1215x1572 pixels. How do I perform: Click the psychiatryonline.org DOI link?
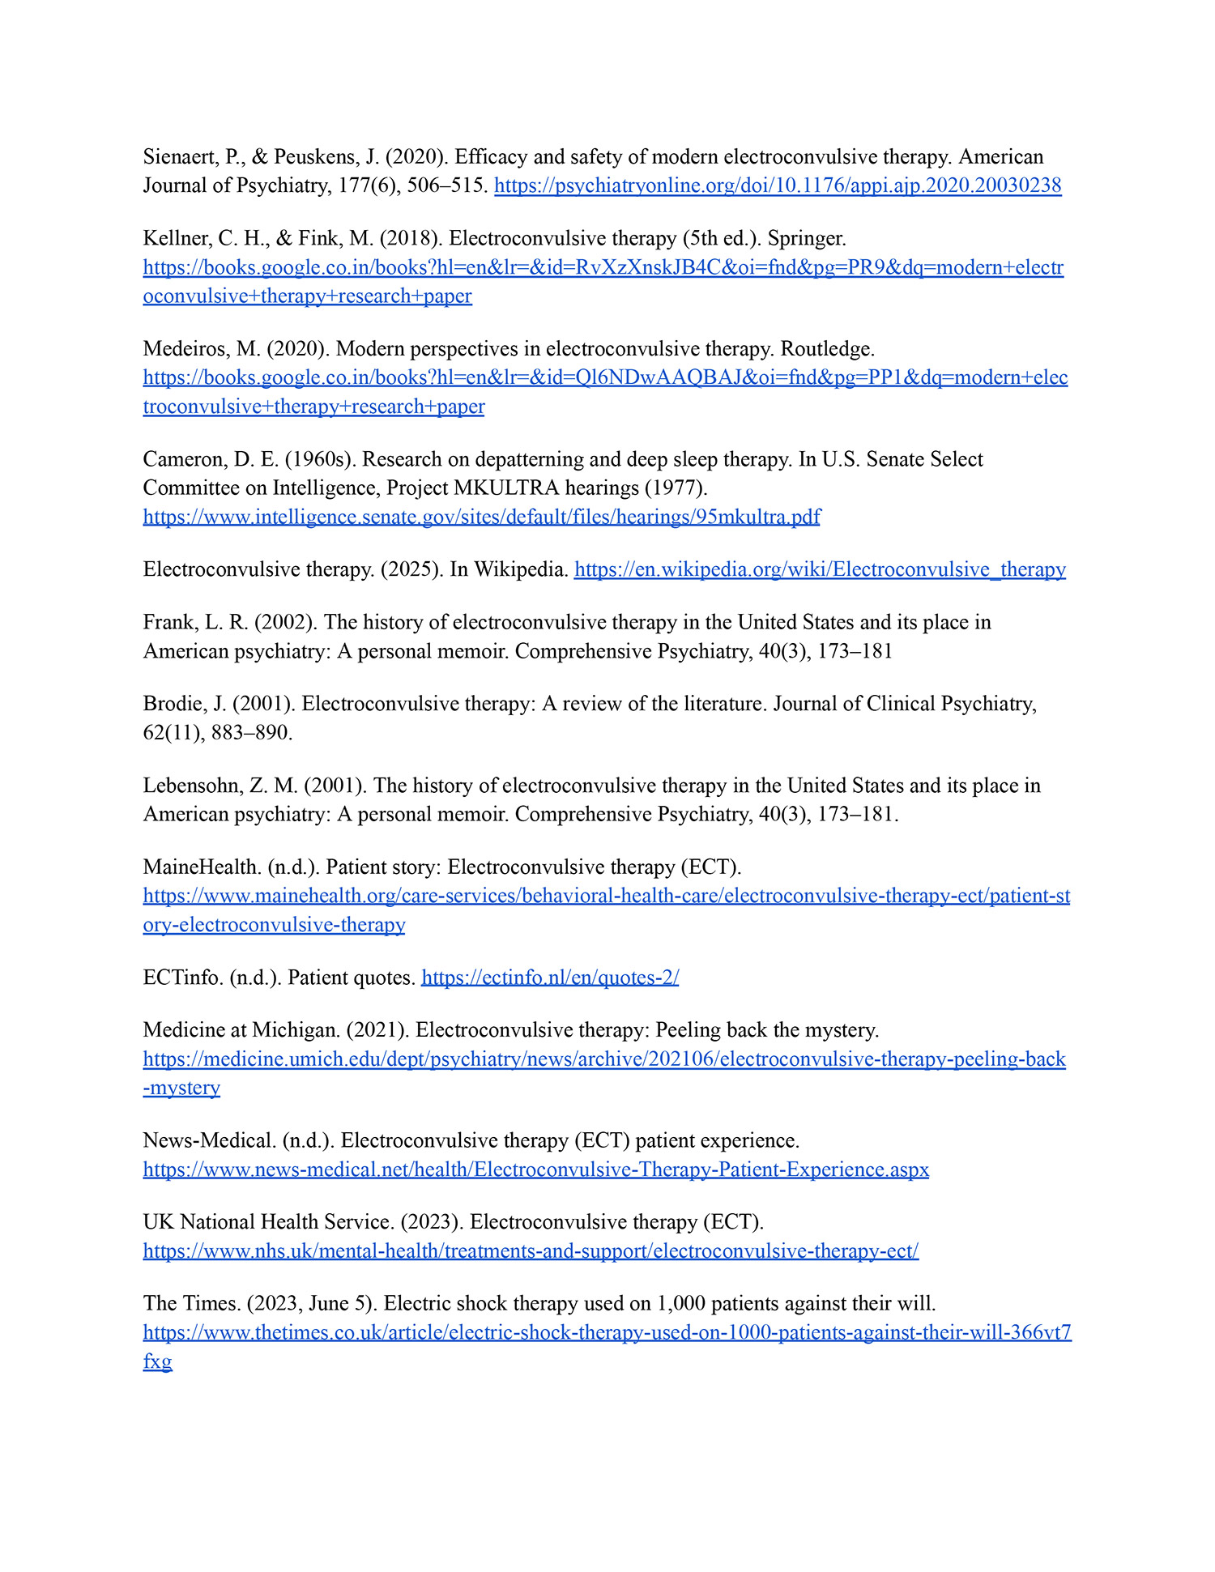[777, 185]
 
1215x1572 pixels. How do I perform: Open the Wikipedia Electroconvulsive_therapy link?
[819, 569]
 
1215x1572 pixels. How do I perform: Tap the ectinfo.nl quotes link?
[550, 978]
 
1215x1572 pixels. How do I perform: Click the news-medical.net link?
[535, 1169]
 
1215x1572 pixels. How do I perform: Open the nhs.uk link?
[531, 1251]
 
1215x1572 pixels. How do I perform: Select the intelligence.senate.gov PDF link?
[481, 517]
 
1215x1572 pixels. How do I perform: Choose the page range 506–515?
[447, 185]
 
